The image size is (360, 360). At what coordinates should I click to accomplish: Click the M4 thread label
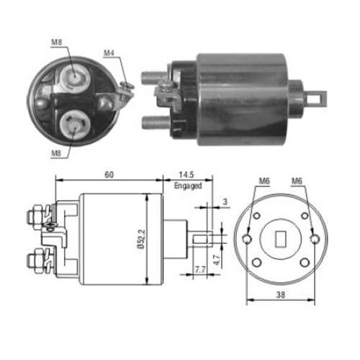[x=109, y=53]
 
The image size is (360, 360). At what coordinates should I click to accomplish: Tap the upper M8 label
[x=57, y=42]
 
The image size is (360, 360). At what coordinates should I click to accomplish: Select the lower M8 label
[x=56, y=153]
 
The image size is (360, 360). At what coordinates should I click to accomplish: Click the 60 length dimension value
[x=109, y=175]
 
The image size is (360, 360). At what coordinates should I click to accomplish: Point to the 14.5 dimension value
[x=186, y=175]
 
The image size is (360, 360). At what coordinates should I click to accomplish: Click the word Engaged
[x=188, y=186]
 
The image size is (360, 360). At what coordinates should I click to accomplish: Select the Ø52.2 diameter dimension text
[x=142, y=239]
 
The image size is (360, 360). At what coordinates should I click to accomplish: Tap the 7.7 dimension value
[x=200, y=270]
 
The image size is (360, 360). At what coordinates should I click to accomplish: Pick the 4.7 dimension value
[x=217, y=260]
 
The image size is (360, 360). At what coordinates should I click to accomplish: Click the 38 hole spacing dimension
[x=281, y=294]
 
